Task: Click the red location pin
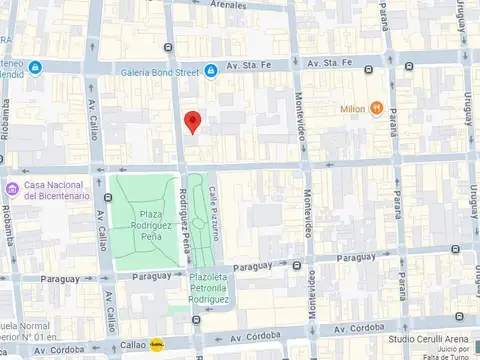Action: (193, 122)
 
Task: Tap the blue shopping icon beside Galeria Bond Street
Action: (211, 69)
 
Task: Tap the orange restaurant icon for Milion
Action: (376, 107)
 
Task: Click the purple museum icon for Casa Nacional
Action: (12, 189)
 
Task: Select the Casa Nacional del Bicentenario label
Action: (57, 190)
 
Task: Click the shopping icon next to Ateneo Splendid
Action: (36, 68)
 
